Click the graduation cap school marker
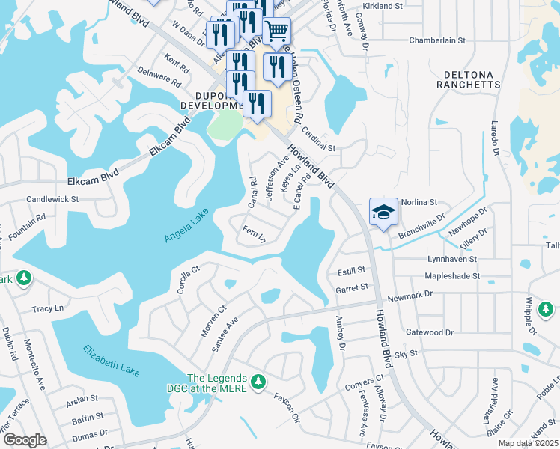point(383,212)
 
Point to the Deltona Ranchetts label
point(472,79)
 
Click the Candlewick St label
point(52,200)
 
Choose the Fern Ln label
point(254,233)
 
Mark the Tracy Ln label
point(47,308)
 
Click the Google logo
point(25,439)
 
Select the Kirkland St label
point(383,6)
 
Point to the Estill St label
point(351,270)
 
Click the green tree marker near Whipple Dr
point(546,308)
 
